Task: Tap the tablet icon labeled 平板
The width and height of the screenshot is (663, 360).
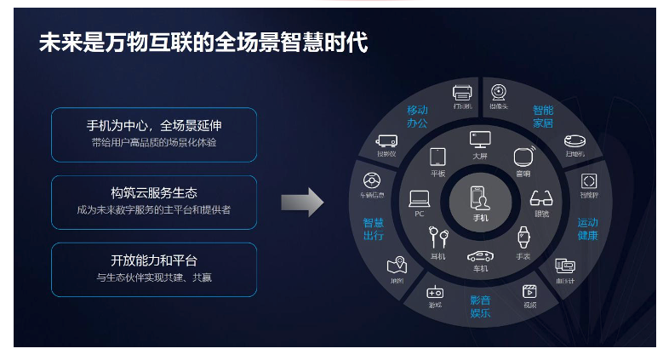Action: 437,157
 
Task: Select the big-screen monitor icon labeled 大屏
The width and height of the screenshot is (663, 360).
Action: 480,139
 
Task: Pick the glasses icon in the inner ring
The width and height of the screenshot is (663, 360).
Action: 541,198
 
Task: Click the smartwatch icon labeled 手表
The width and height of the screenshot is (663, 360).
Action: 523,237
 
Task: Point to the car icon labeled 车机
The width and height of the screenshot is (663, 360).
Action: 480,254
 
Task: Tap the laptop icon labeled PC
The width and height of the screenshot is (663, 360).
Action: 419,198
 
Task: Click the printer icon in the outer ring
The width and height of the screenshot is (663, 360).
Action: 462,92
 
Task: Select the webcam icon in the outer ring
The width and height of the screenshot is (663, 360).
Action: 498,91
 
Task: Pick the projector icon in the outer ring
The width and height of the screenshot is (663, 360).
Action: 387,140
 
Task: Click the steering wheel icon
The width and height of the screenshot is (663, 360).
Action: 371,181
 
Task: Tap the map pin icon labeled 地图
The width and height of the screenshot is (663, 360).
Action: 396,266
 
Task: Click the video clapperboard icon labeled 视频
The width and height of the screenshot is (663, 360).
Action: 529,291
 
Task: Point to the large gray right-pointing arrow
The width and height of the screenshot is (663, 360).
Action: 302,203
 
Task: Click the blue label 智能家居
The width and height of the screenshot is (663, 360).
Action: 543,117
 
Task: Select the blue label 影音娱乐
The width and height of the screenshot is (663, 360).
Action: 480,306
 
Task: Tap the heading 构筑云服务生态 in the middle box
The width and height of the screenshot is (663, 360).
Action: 154,193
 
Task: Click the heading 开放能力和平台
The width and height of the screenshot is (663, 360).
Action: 154,260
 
